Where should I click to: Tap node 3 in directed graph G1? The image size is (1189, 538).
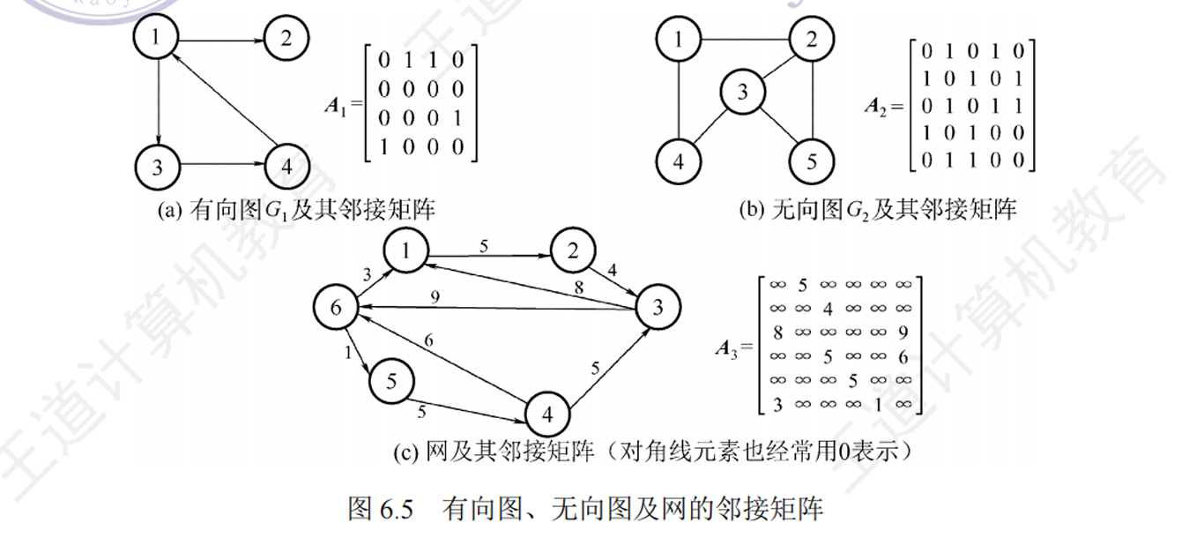(x=158, y=166)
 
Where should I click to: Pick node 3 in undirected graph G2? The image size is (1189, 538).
(x=742, y=92)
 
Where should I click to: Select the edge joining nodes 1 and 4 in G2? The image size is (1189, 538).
(x=678, y=101)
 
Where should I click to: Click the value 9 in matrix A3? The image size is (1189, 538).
(x=901, y=333)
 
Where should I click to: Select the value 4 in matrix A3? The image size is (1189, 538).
(x=827, y=309)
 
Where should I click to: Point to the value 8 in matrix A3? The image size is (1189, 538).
(x=777, y=333)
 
